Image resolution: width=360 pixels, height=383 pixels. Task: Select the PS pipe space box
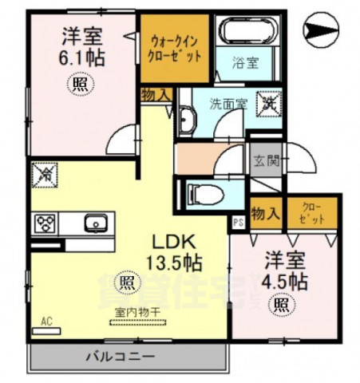point(239,223)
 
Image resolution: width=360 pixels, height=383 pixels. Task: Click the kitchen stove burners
point(43,222)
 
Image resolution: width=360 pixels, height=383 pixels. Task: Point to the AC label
point(45,321)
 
